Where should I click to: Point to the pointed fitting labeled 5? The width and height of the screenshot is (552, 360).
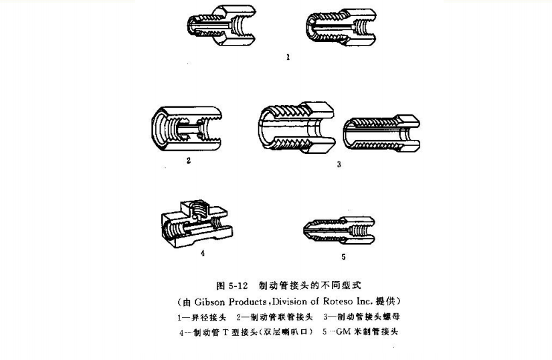tap(338, 228)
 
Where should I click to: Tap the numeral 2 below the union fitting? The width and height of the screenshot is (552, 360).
tap(188, 161)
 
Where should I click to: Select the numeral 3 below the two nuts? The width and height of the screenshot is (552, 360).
tap(339, 164)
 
